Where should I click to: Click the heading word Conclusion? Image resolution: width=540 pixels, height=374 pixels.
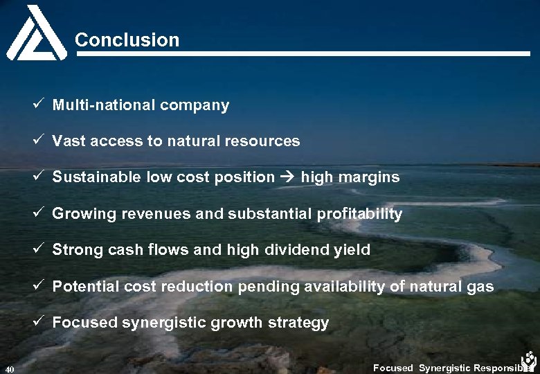point(127,40)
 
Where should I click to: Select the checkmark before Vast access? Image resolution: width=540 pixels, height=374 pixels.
point(41,141)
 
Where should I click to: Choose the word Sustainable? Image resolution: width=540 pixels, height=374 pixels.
point(97,177)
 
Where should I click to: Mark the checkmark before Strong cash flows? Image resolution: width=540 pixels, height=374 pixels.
point(41,249)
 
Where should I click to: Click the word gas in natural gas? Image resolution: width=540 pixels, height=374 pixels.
point(480,286)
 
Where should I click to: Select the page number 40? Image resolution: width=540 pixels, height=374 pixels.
point(8,368)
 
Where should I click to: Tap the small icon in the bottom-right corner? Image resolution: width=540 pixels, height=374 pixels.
point(530,360)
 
